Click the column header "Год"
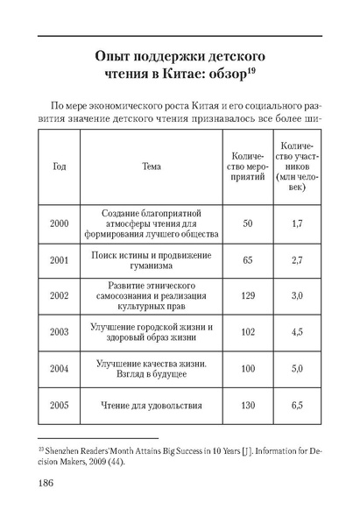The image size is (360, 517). [x=60, y=166]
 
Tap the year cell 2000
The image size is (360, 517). [x=60, y=224]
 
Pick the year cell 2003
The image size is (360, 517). [x=60, y=332]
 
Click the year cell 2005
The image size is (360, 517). [x=60, y=406]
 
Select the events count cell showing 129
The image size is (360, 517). [x=247, y=296]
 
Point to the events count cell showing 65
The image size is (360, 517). [x=247, y=260]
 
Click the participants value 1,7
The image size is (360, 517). [x=296, y=224]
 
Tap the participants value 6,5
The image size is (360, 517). [x=296, y=406]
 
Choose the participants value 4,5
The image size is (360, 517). [x=296, y=332]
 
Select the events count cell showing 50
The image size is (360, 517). [x=247, y=224]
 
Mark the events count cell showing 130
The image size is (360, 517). [x=247, y=406]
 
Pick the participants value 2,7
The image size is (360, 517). [x=296, y=260]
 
